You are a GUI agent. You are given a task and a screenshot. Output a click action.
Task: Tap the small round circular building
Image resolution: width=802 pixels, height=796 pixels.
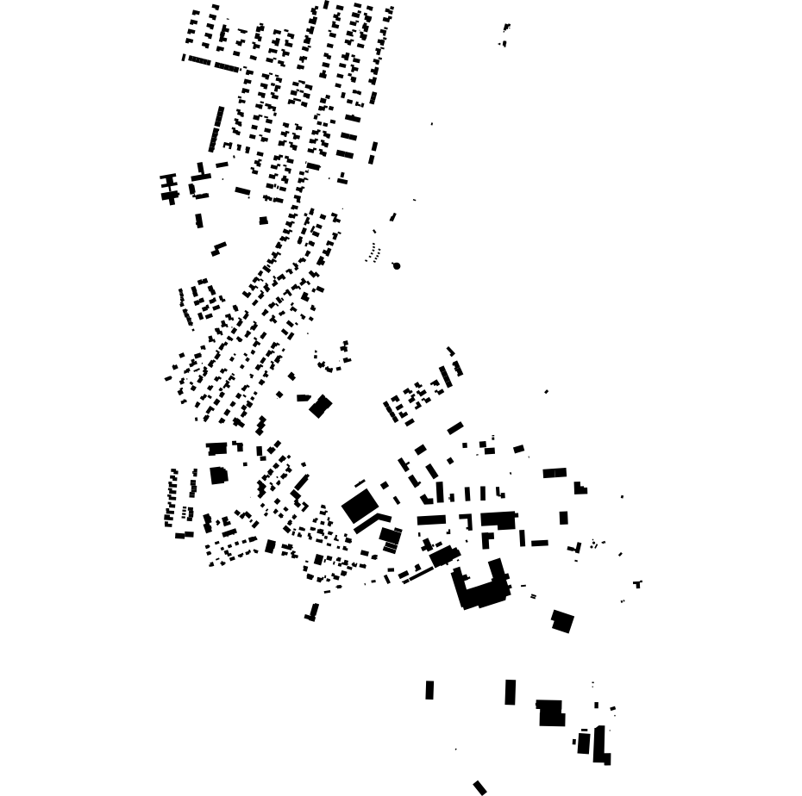click(x=397, y=266)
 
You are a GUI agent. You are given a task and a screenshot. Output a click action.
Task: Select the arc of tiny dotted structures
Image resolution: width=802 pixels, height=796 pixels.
click(x=373, y=252)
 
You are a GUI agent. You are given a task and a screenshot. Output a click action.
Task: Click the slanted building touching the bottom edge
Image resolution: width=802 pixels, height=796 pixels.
click(x=480, y=787)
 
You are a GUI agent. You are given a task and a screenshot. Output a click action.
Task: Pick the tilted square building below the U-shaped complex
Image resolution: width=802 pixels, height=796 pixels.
click(x=562, y=621)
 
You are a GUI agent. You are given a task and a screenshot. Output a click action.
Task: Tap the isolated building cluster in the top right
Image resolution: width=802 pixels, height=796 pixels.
click(x=504, y=34)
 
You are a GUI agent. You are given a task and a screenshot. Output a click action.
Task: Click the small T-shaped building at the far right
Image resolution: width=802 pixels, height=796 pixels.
click(x=637, y=584)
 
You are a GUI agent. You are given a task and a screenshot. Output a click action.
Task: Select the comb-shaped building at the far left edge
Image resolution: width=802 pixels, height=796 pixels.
click(x=169, y=188)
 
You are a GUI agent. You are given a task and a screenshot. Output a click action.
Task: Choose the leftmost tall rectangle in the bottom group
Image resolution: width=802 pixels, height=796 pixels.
click(x=429, y=690)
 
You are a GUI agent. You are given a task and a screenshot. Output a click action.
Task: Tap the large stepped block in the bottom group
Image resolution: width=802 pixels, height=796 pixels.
click(x=550, y=712)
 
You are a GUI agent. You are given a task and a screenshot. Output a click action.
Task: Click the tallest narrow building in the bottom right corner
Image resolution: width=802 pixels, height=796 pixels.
click(x=598, y=744)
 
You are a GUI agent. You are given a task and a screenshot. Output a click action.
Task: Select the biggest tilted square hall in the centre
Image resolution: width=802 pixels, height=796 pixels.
click(x=359, y=506)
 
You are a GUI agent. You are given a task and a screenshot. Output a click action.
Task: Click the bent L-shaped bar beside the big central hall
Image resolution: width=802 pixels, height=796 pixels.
click(x=369, y=522)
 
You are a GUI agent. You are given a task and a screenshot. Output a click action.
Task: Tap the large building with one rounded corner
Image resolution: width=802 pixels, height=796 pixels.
click(x=218, y=475)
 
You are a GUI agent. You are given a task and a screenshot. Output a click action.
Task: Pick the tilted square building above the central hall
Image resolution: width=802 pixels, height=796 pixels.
click(x=320, y=406)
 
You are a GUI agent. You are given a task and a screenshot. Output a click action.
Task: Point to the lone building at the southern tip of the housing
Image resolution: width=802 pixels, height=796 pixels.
click(x=312, y=613)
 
